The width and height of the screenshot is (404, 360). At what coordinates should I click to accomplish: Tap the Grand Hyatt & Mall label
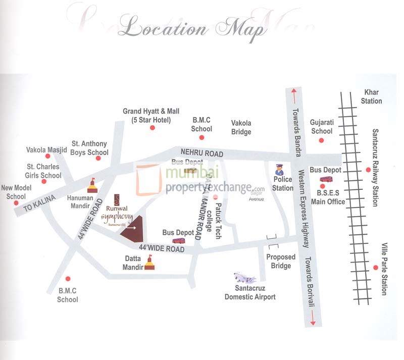point(151,116)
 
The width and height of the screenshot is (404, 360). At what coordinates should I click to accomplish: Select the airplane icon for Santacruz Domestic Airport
point(244,278)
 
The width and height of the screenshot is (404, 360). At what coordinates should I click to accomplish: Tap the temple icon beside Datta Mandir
point(149,263)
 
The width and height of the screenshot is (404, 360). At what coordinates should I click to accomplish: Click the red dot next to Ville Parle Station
point(375,268)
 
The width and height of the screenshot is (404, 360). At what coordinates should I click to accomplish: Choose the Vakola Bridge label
point(241,127)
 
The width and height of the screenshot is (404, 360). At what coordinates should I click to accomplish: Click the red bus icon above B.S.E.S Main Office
point(326,179)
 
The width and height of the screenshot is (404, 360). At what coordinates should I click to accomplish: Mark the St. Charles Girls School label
point(43,171)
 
